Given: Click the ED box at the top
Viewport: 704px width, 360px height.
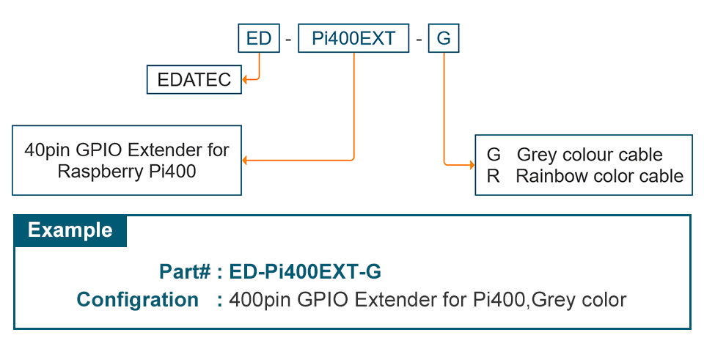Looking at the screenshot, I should tap(259, 38).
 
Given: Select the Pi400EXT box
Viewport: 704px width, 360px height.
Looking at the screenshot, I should tap(353, 38).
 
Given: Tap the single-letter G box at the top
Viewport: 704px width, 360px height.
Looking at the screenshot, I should tap(444, 38).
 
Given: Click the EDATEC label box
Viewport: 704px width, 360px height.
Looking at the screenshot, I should tap(194, 80).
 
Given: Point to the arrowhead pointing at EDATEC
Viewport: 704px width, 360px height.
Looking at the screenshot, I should tap(246, 79).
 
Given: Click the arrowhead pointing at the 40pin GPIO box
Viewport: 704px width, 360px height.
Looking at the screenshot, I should tap(246, 159).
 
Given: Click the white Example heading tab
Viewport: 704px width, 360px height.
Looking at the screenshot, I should tap(70, 230).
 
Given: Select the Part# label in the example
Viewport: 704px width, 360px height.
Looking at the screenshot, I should tap(185, 272).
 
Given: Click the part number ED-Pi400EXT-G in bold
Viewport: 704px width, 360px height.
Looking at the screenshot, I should tap(305, 272).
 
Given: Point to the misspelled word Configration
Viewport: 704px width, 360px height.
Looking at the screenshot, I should tap(138, 300).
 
